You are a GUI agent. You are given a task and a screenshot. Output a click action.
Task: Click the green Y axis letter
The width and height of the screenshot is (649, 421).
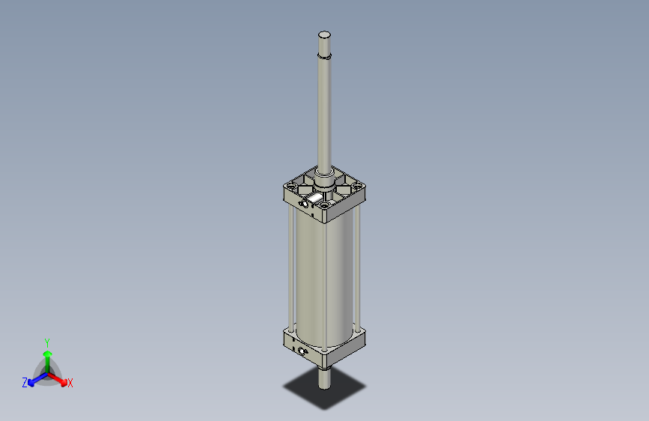(x=47, y=341)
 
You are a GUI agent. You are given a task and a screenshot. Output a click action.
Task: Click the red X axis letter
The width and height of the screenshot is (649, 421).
(x=70, y=383)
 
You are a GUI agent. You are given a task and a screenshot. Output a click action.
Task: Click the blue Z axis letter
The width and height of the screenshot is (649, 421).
(x=25, y=382)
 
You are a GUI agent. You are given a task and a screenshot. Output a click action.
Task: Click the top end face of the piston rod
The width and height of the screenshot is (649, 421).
(x=324, y=34)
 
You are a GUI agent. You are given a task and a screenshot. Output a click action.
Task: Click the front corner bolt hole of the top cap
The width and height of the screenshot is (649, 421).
(x=325, y=205)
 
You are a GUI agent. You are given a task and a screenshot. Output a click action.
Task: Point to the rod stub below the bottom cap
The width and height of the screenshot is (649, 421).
(x=324, y=378)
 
